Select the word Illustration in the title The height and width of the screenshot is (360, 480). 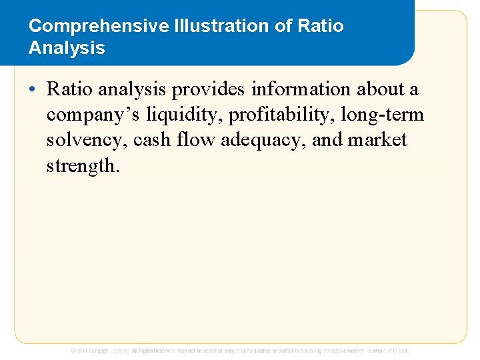point(205,26)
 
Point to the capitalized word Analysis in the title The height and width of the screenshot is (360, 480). point(67,48)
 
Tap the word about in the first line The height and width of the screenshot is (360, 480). point(381,89)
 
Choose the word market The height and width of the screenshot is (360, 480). point(377,141)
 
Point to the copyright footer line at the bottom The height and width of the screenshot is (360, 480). point(240,351)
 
